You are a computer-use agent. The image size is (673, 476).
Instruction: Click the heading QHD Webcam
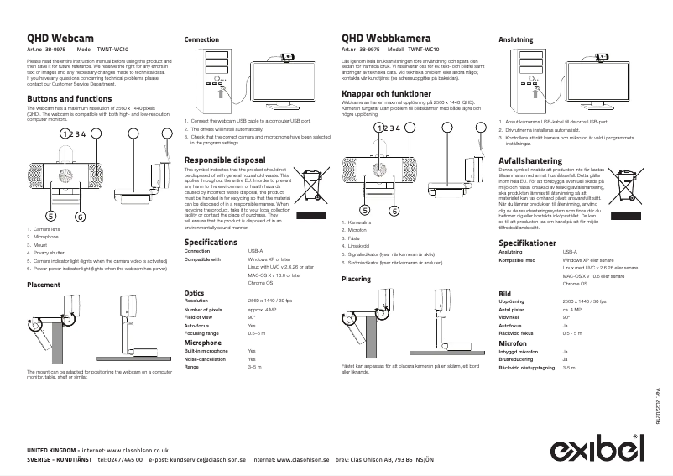tap(60, 39)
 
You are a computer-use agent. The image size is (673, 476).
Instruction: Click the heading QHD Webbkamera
tap(386, 39)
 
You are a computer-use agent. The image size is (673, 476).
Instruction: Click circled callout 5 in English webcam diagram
tap(51, 216)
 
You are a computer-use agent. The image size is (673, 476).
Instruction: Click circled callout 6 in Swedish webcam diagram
tap(394, 211)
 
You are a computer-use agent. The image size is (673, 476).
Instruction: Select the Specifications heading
tap(211, 242)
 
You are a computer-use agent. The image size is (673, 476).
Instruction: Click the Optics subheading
tap(194, 293)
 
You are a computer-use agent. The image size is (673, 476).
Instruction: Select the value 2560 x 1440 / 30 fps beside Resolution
tap(269, 301)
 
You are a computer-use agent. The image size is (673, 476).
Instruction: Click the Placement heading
tap(44, 285)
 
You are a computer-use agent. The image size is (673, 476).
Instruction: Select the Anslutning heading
tap(515, 39)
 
